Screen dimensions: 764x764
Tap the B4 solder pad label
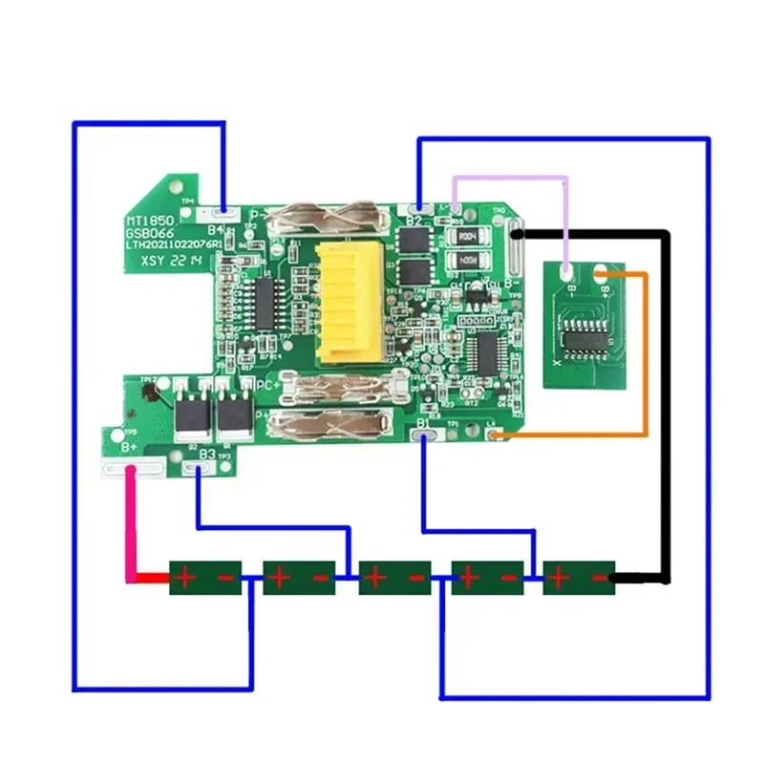click(x=216, y=230)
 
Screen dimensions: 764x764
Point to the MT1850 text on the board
click(x=149, y=219)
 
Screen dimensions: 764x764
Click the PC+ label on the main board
click(x=266, y=385)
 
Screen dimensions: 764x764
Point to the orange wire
click(x=647, y=363)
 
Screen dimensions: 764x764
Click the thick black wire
click(x=666, y=401)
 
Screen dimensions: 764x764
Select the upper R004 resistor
click(x=466, y=236)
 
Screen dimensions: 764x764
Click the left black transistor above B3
click(x=191, y=414)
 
